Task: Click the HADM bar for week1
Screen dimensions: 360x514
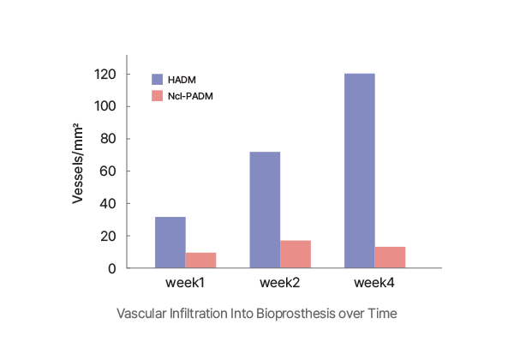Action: point(170,243)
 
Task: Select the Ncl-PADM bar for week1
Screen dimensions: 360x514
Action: point(200,260)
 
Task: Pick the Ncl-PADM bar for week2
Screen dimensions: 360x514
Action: point(296,254)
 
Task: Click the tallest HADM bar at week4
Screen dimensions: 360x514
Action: point(359,171)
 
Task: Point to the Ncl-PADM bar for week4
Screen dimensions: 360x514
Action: point(390,257)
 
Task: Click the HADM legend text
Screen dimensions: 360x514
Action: point(182,80)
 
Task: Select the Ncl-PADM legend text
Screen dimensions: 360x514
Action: point(190,96)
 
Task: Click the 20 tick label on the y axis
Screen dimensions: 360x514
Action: point(108,236)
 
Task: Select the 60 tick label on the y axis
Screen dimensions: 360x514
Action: point(108,171)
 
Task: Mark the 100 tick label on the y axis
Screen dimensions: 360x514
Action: point(105,106)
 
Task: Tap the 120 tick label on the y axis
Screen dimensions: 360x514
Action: point(105,75)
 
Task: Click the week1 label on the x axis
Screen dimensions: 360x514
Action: point(184,282)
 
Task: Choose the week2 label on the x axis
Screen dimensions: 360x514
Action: point(280,282)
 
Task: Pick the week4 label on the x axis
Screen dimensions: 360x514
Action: point(374,282)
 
